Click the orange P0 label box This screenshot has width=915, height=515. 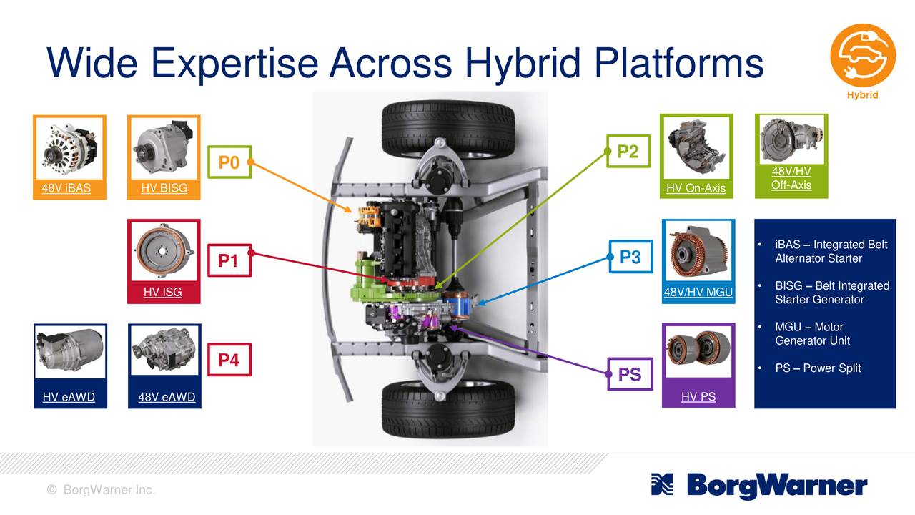(228, 163)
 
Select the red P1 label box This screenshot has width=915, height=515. (228, 261)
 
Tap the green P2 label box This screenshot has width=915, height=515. (628, 151)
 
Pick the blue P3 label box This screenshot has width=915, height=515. (630, 257)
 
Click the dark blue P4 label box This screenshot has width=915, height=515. (228, 360)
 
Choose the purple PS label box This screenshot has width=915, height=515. (629, 374)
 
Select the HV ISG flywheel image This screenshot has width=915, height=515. (164, 250)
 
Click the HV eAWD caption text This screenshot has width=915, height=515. (69, 397)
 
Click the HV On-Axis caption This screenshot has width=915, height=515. (696, 188)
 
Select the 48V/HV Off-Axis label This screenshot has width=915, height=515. (791, 179)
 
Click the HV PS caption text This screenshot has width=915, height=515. (698, 397)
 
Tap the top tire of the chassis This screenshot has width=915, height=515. (448, 129)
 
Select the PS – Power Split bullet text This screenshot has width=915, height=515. (818, 368)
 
